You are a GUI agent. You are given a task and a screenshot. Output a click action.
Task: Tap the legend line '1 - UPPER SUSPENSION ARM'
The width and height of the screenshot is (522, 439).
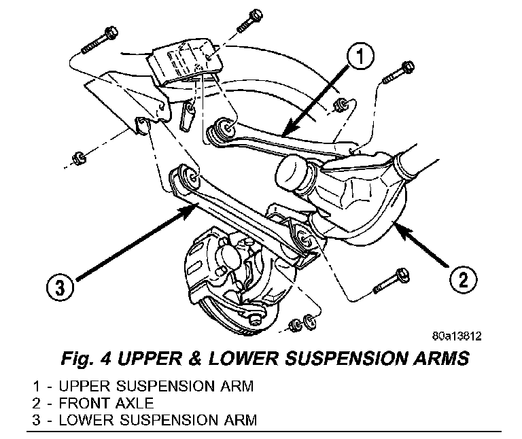tap(143, 387)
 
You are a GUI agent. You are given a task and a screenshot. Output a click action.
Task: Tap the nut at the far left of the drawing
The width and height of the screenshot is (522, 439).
tap(80, 159)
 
